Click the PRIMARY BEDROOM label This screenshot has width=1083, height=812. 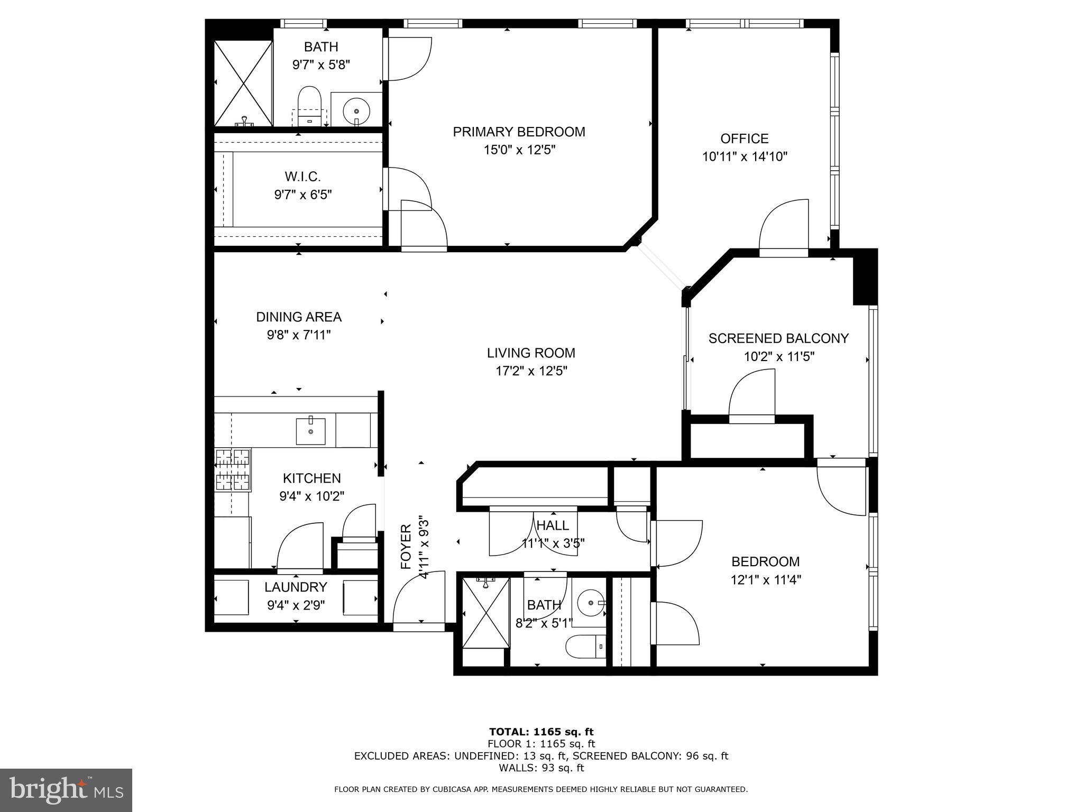[x=519, y=132]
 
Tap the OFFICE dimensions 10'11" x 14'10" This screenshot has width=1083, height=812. [x=745, y=157]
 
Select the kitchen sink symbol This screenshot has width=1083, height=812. [x=310, y=430]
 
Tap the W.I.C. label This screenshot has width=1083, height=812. [x=302, y=177]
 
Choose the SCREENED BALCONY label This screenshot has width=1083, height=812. [x=778, y=338]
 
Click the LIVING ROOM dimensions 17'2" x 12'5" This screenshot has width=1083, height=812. [x=531, y=371]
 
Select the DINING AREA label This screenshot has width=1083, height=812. [x=299, y=317]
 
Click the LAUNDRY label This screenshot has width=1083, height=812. [x=296, y=587]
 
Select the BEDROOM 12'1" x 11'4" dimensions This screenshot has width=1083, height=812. [x=766, y=580]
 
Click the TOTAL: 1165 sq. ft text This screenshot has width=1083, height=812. [x=541, y=732]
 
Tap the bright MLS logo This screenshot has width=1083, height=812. [x=66, y=790]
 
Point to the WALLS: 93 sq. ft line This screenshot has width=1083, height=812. [x=541, y=768]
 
